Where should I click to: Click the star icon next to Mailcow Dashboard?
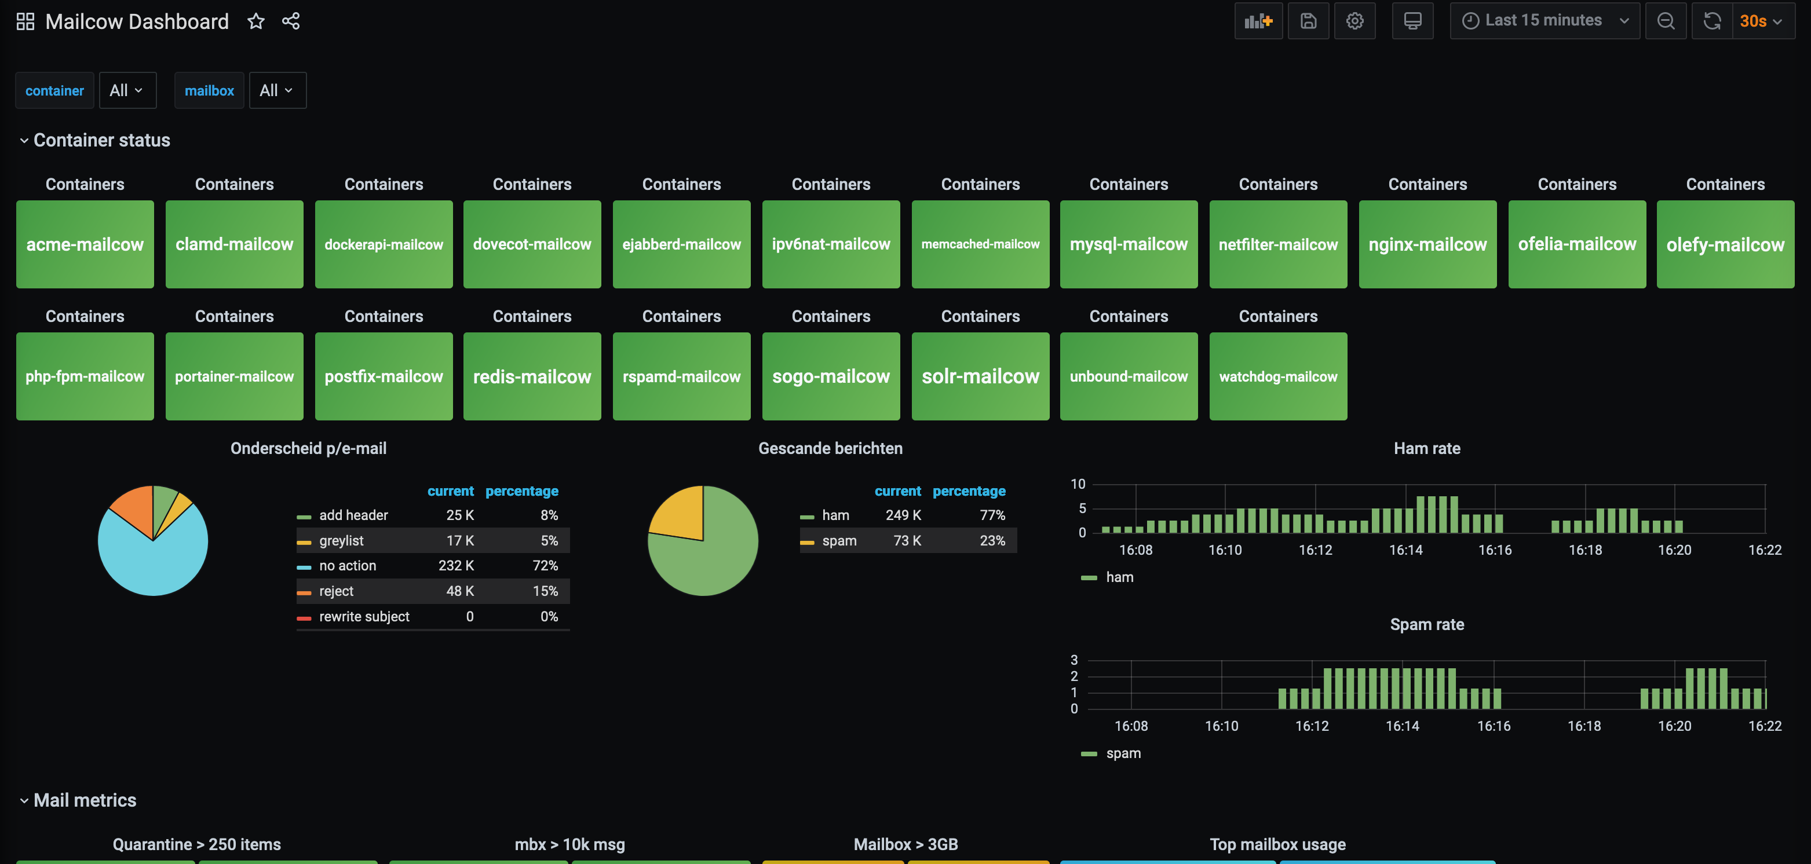[x=256, y=21]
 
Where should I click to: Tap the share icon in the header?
[x=291, y=21]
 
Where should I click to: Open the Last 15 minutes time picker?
[x=1545, y=20]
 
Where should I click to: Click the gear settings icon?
[x=1354, y=20]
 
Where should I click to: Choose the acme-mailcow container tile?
[x=85, y=244]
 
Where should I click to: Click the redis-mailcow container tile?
[x=532, y=376]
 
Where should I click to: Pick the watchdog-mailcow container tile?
[x=1278, y=376]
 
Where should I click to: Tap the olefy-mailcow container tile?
[x=1725, y=244]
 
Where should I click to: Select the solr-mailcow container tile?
[x=980, y=376]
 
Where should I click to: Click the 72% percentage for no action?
[x=546, y=566]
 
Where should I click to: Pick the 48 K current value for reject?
[x=460, y=591]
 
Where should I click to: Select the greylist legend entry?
[x=341, y=541]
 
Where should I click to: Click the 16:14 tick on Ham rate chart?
[x=1405, y=550]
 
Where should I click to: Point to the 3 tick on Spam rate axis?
[x=1074, y=660]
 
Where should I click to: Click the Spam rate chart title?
[x=1427, y=624]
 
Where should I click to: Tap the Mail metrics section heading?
[x=85, y=800]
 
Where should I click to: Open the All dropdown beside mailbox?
[x=277, y=90]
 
